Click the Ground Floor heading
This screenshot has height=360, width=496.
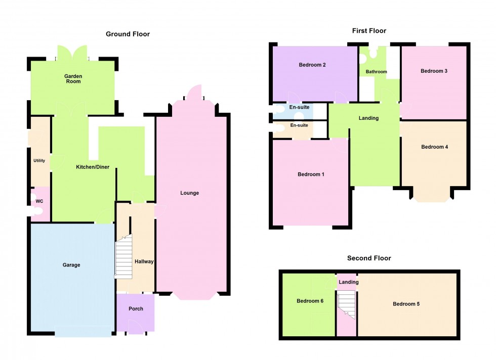tap(128, 34)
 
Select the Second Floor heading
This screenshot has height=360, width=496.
tap(369, 258)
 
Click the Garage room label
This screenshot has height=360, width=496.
tap(71, 265)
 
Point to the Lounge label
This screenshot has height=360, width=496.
tap(190, 193)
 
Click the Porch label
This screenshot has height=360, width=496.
tap(136, 309)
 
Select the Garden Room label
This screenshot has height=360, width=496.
tap(73, 79)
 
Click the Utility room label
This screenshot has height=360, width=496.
tap(39, 161)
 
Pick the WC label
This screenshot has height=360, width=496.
tap(39, 201)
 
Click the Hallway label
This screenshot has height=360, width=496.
tap(144, 262)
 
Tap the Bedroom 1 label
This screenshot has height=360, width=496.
tap(311, 175)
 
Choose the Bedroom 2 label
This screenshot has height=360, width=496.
tap(312, 65)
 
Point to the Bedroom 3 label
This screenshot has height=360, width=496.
tap(434, 71)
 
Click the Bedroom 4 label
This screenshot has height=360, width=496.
tap(434, 147)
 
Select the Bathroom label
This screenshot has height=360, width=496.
tap(377, 72)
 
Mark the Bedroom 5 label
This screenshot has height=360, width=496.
tap(406, 304)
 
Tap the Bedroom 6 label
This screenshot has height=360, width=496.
tap(310, 301)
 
